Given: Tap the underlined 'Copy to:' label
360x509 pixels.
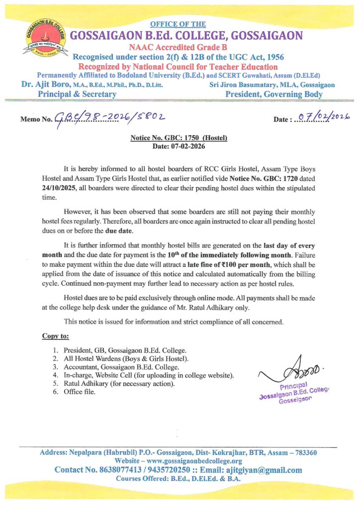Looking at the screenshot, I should point(55,337).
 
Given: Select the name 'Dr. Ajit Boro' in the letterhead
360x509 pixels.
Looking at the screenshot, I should point(44,85).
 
